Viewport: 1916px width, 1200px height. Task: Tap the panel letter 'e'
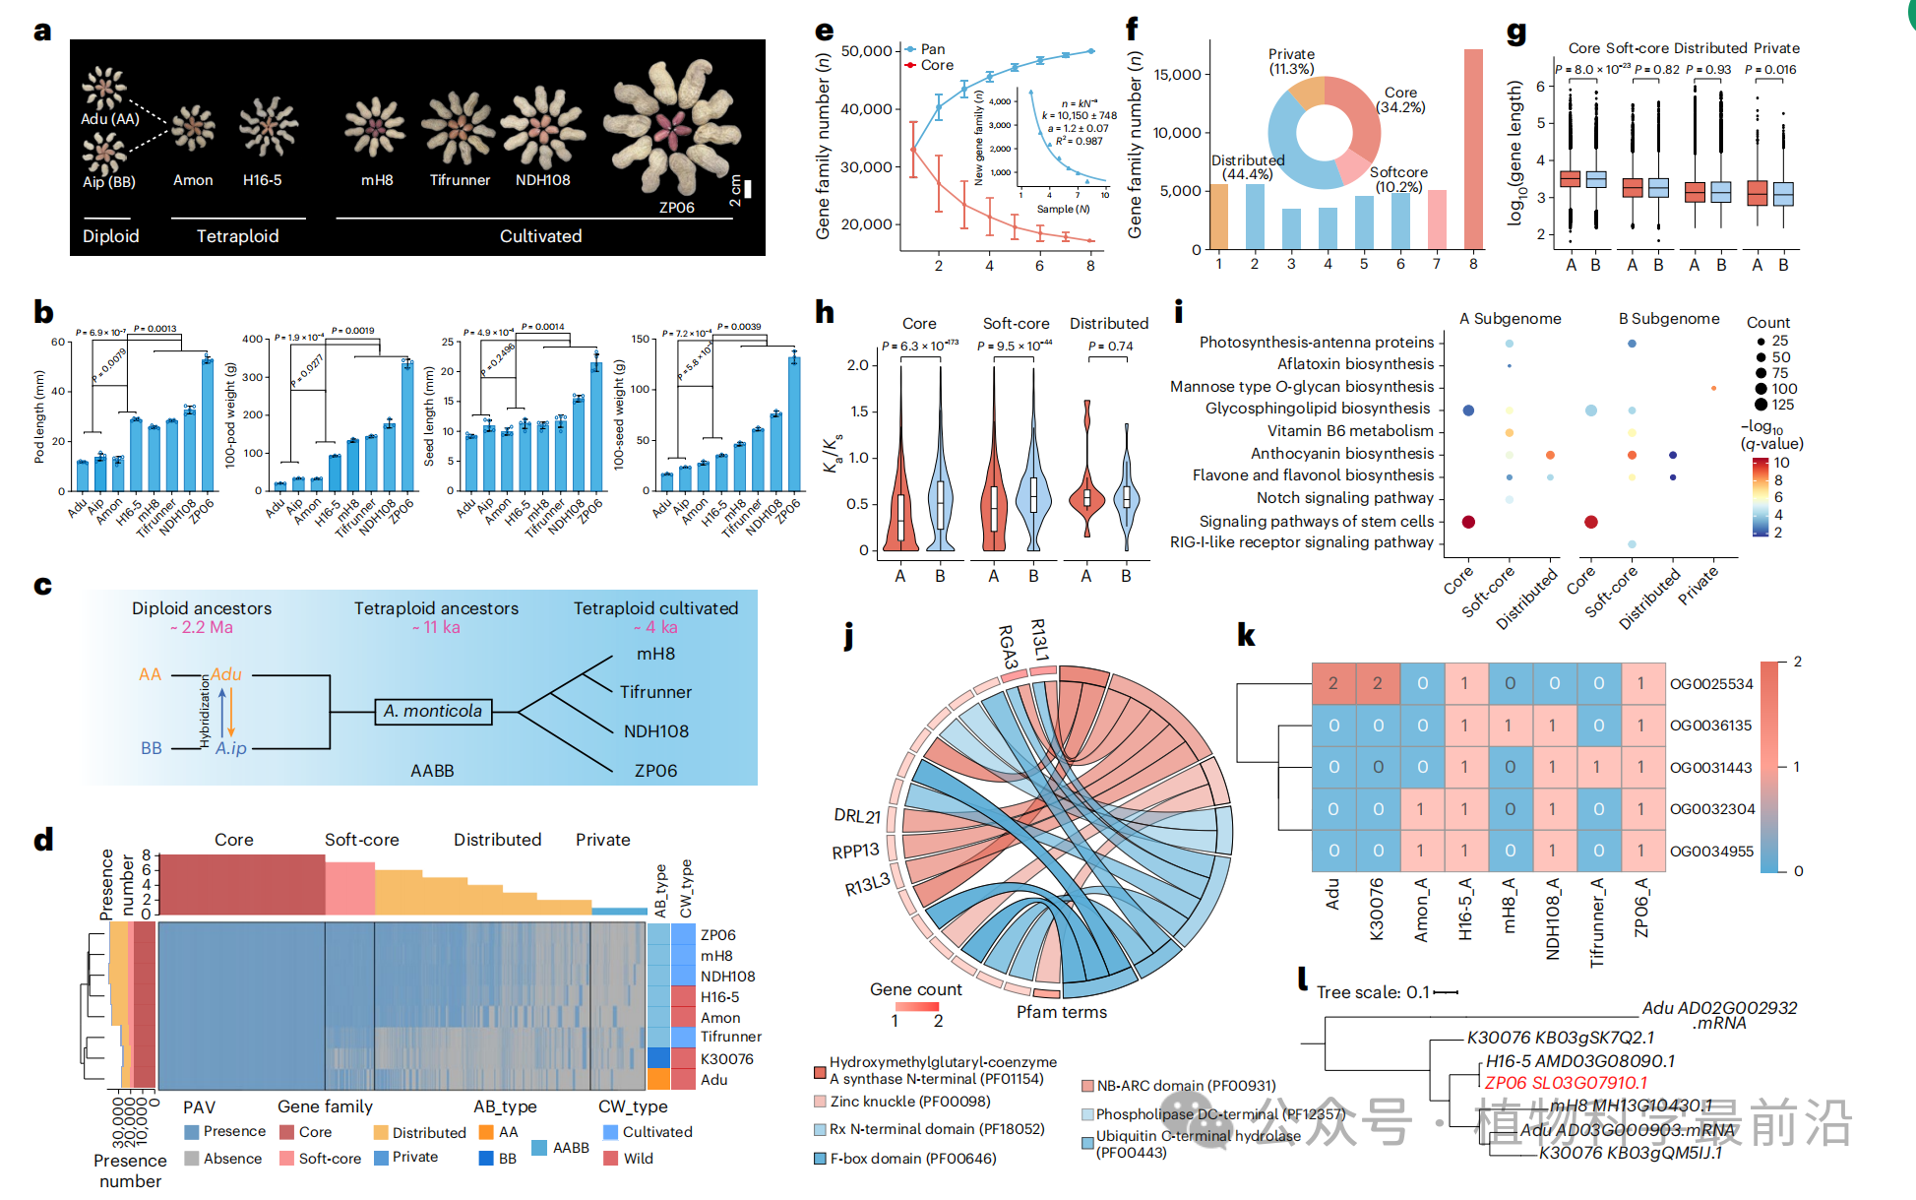pyautogui.click(x=825, y=31)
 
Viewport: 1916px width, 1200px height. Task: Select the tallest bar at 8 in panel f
pyautogui.click(x=1473, y=149)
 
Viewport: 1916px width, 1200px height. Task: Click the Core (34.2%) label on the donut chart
pyautogui.click(x=1400, y=99)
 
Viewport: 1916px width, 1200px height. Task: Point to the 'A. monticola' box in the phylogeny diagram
pyautogui.click(x=433, y=711)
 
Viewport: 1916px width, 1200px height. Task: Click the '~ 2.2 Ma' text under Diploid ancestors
pyautogui.click(x=202, y=627)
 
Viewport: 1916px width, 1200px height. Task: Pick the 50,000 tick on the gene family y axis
pyautogui.click(x=866, y=51)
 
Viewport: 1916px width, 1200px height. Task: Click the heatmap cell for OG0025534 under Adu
pyautogui.click(x=1333, y=683)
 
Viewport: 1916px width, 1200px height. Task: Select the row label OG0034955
pyautogui.click(x=1711, y=852)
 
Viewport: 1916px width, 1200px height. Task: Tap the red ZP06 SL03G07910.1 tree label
pyautogui.click(x=1566, y=1083)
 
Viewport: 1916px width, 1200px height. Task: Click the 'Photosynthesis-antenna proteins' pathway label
pyautogui.click(x=1317, y=342)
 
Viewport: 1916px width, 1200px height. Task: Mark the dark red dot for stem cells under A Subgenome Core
pyautogui.click(x=1468, y=522)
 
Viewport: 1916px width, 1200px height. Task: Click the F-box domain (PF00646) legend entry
pyautogui.click(x=912, y=1159)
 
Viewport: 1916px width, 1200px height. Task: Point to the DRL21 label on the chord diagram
pyautogui.click(x=857, y=815)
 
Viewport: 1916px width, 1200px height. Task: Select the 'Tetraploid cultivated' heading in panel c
pyautogui.click(x=655, y=608)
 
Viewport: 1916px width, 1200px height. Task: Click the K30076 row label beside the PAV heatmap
pyautogui.click(x=726, y=1059)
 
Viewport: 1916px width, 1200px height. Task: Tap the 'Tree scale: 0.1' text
pyautogui.click(x=1373, y=992)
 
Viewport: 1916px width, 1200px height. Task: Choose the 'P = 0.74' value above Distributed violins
pyautogui.click(x=1110, y=347)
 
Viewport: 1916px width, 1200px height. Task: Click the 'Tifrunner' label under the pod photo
pyautogui.click(x=460, y=180)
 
